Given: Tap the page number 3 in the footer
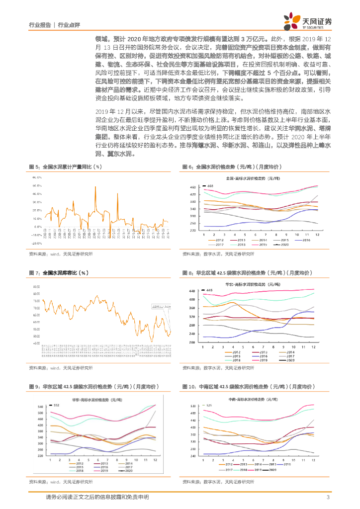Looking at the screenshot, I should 328,498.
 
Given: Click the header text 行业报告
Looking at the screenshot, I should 40,24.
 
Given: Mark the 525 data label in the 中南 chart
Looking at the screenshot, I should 209,406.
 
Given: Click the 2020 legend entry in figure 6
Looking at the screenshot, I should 284,245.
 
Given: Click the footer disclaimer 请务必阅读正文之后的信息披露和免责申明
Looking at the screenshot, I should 97,498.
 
